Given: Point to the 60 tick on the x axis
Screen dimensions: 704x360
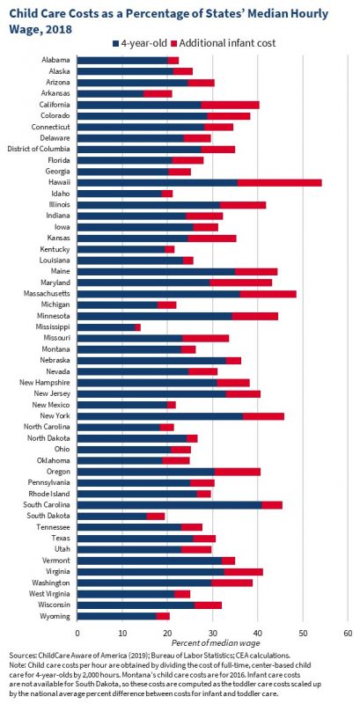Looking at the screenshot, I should [x=348, y=632].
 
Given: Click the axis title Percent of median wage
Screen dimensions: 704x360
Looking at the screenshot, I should [x=212, y=645].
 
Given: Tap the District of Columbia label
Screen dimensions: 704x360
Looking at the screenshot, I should [x=39, y=150].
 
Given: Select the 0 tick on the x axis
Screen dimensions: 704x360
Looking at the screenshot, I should [x=77, y=632].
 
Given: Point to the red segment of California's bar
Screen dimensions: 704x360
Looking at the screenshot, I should [x=230, y=105].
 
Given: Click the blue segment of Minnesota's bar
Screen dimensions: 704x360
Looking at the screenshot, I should [x=155, y=315].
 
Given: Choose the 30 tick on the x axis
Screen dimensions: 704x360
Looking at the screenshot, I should [x=213, y=632].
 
